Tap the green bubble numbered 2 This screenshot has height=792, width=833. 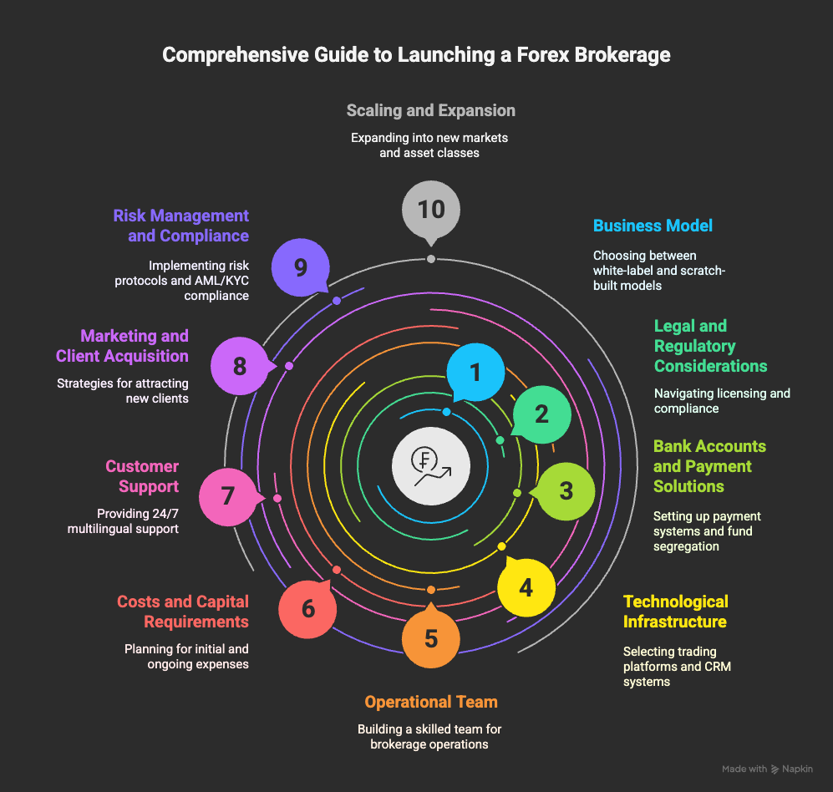pos(541,414)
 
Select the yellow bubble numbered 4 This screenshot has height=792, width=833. pos(526,588)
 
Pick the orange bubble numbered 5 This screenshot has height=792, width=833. pos(431,639)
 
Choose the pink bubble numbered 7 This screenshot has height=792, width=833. pos(227,497)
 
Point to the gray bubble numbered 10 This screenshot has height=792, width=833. pos(431,208)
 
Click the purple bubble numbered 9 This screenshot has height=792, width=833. pos(301,267)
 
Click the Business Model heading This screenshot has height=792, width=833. pos(653,226)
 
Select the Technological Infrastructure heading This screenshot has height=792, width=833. pos(675,612)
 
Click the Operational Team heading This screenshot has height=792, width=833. pos(430,702)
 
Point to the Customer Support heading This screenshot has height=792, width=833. pos(142,476)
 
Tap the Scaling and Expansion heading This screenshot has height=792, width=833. pos(430,110)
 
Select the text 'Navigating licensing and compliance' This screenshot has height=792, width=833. pos(722,401)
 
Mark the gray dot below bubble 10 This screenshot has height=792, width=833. pos(430,259)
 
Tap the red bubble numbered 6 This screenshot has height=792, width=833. pos(307,609)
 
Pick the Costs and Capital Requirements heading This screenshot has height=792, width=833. pos(182,612)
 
